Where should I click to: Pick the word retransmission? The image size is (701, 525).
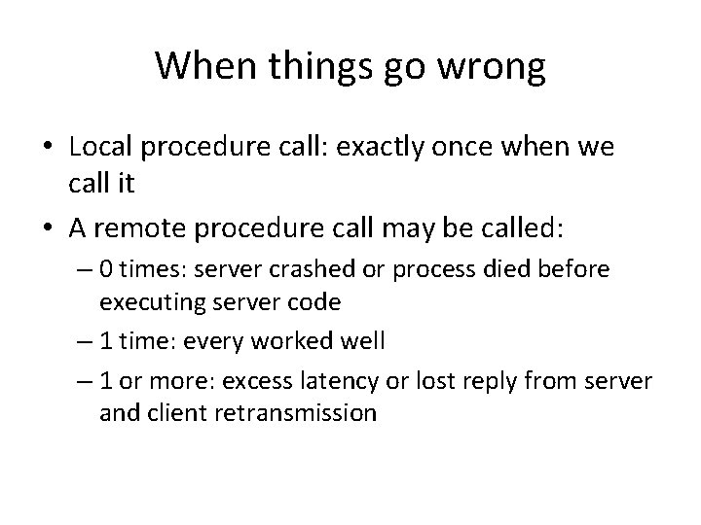tap(304, 411)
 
